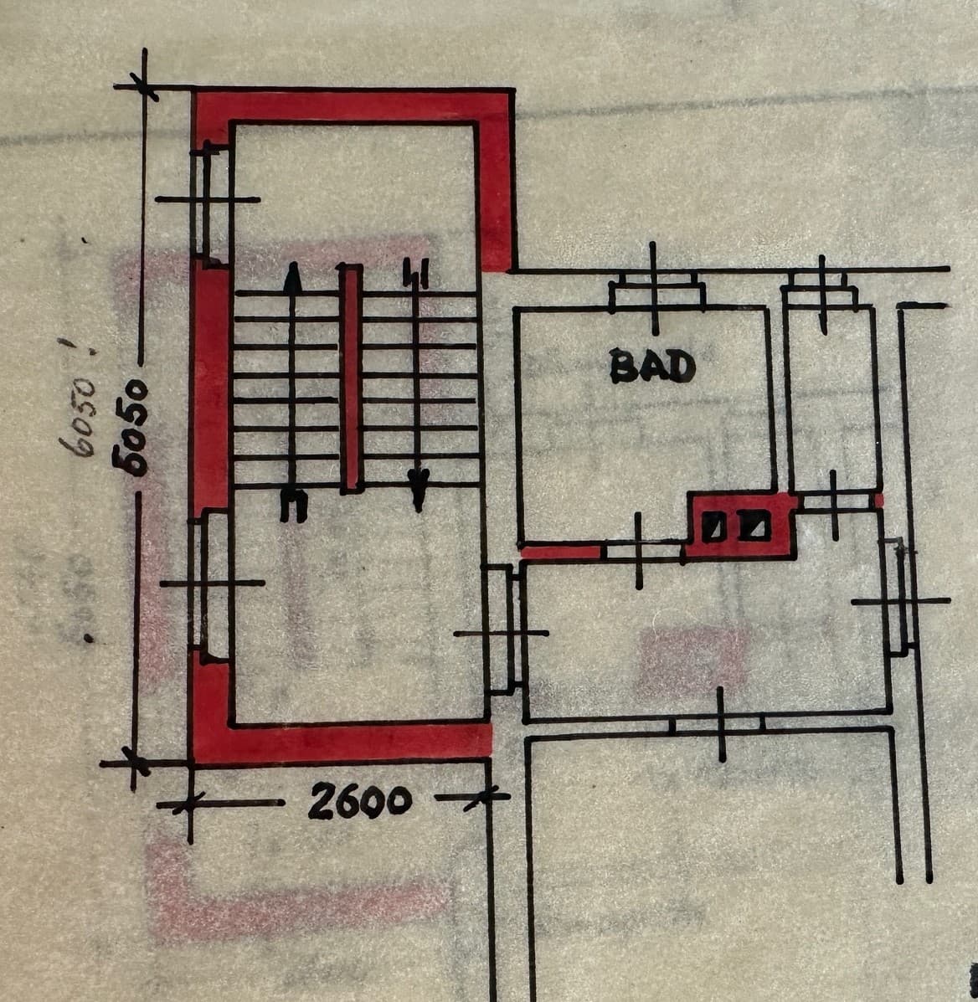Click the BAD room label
(x=652, y=366)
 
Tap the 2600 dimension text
(x=360, y=801)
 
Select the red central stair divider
(x=351, y=377)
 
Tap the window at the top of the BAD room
(x=656, y=290)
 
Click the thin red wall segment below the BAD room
(x=560, y=551)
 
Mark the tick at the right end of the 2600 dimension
(x=486, y=797)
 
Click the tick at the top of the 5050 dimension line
(x=144, y=86)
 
